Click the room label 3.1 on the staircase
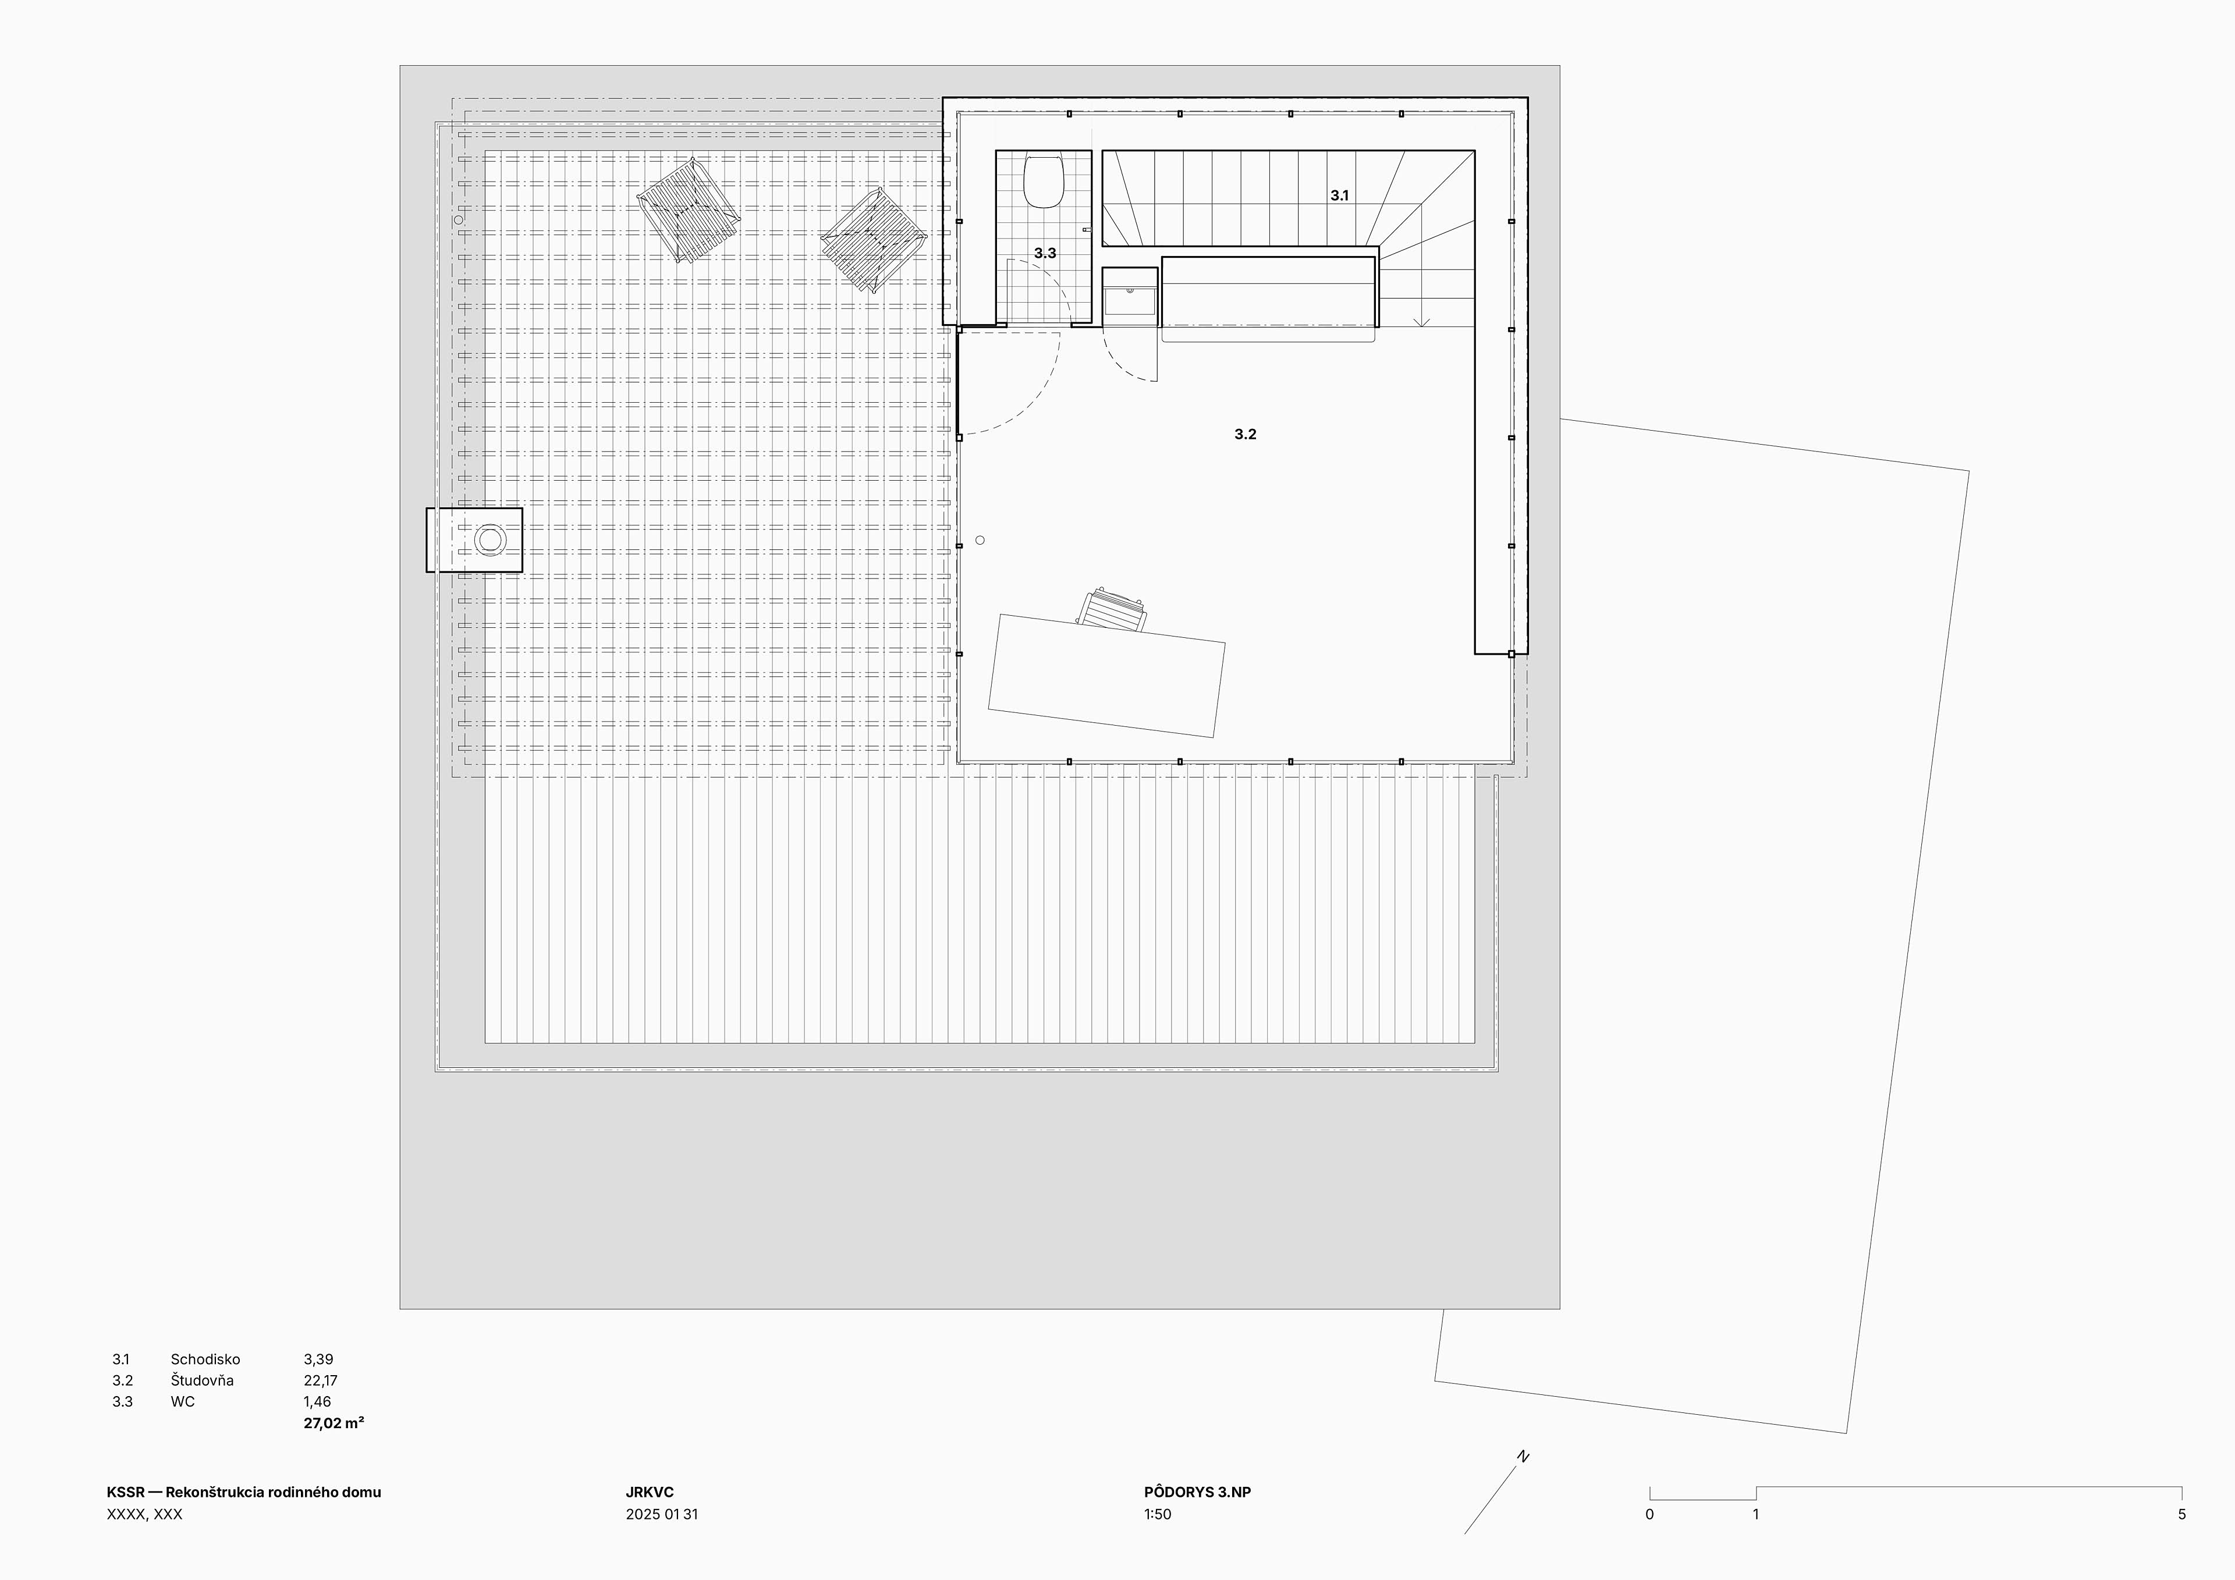(x=1339, y=196)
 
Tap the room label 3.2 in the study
(x=1245, y=434)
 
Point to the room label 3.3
(x=1045, y=253)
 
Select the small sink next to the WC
(x=1130, y=300)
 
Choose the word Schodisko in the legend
(x=205, y=1359)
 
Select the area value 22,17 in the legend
(x=320, y=1380)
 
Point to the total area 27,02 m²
(x=334, y=1423)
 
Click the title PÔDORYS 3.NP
(x=1197, y=1492)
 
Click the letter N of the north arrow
(x=1523, y=1457)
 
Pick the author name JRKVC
(x=650, y=1492)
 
